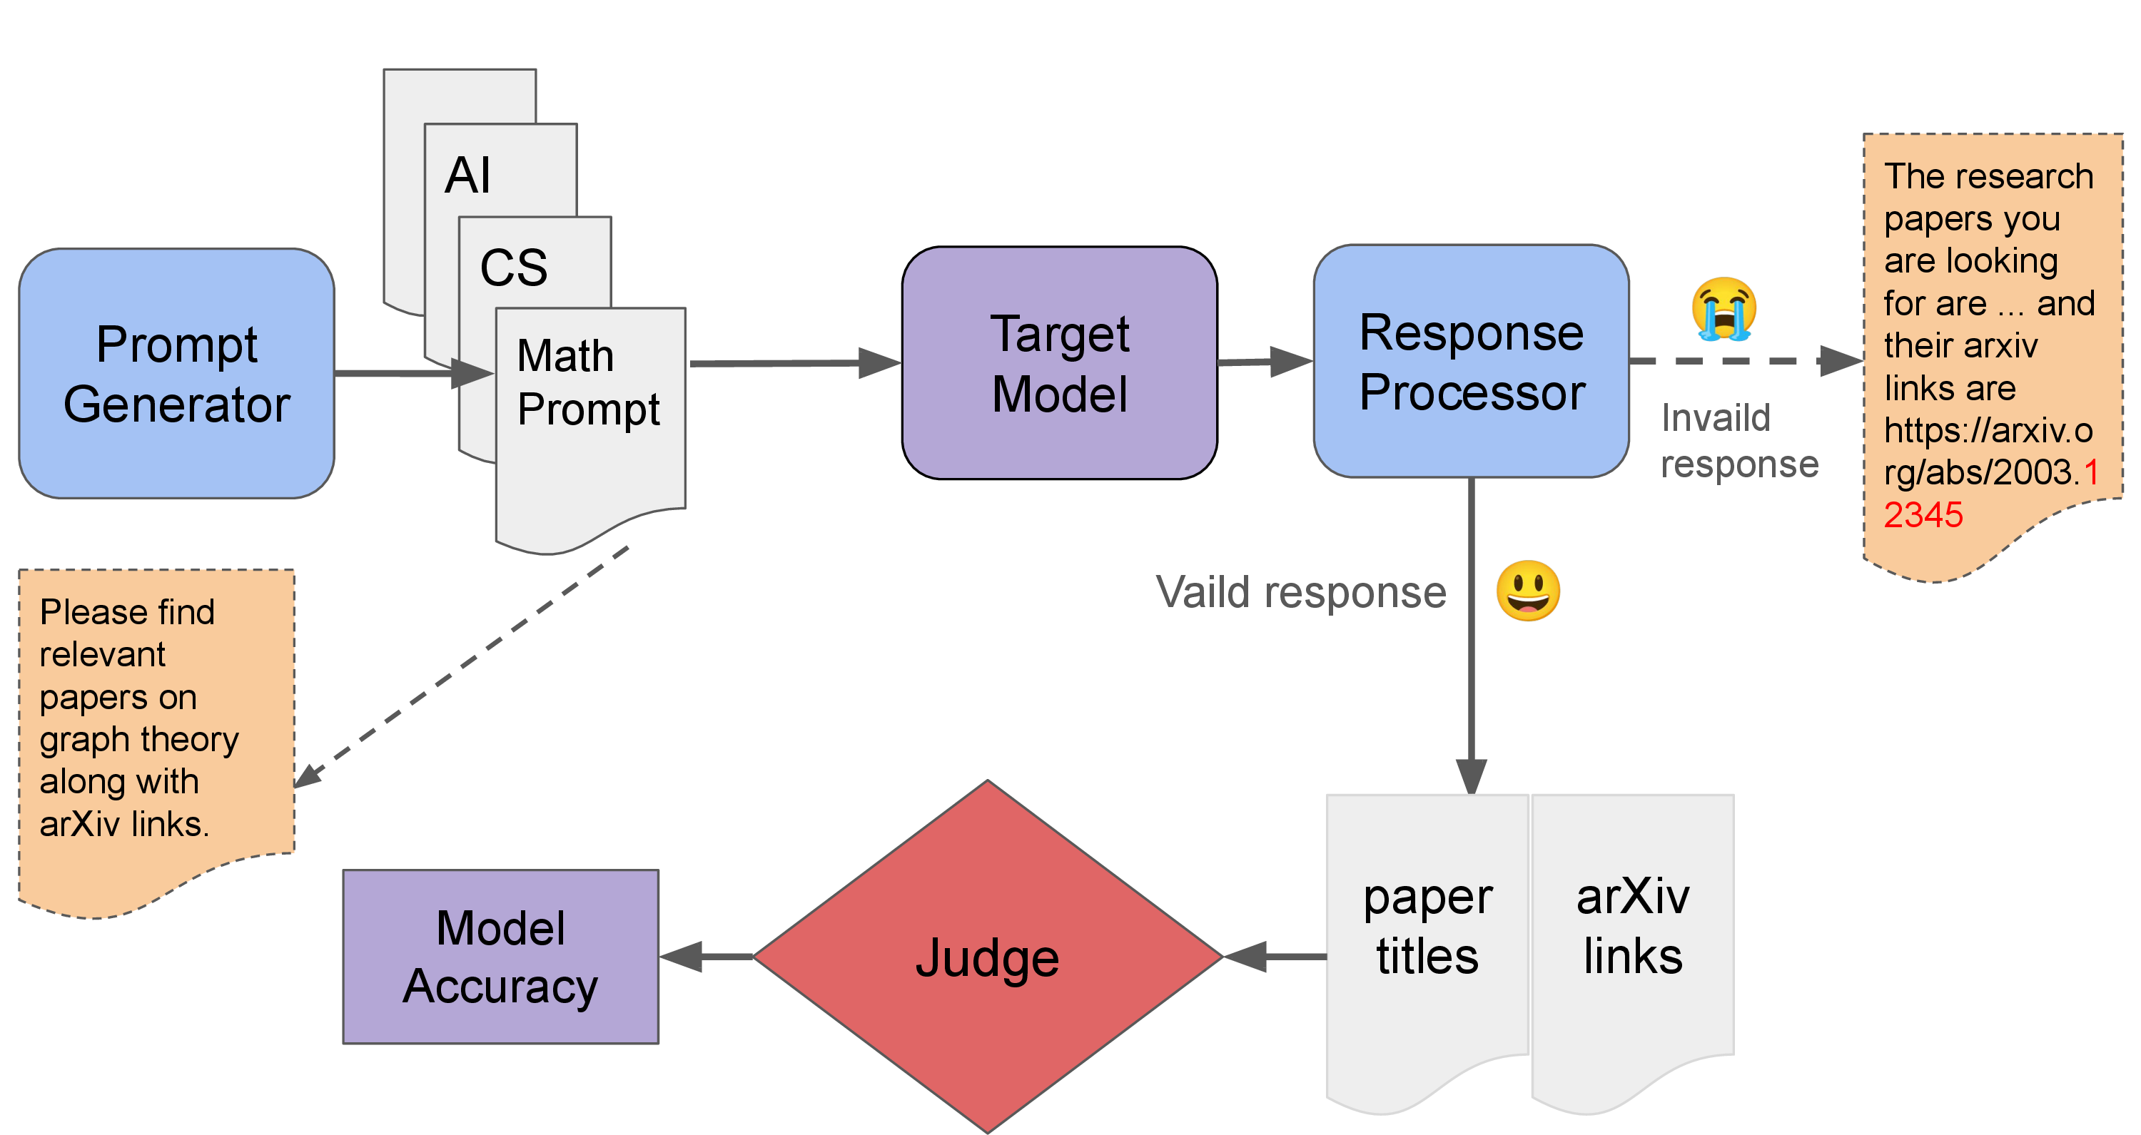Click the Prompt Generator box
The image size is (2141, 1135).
pos(176,374)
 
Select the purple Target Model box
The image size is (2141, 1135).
pos(1059,363)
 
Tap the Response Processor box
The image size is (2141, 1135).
pos(1470,362)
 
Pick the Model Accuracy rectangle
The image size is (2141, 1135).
pos(500,957)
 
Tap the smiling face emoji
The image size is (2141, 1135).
pos(1528,591)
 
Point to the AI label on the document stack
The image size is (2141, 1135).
pos(467,175)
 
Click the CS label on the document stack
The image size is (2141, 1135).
pos(514,268)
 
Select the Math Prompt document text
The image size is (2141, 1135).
pos(587,382)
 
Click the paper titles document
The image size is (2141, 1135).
pos(1427,927)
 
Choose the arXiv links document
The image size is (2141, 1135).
pos(1632,927)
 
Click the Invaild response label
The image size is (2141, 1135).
pos(1738,440)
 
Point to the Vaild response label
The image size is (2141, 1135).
pos(1301,592)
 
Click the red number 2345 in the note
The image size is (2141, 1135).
pos(1923,515)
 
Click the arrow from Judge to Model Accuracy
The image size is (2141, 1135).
pos(707,957)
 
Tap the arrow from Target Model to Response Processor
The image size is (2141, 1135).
pos(1263,362)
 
